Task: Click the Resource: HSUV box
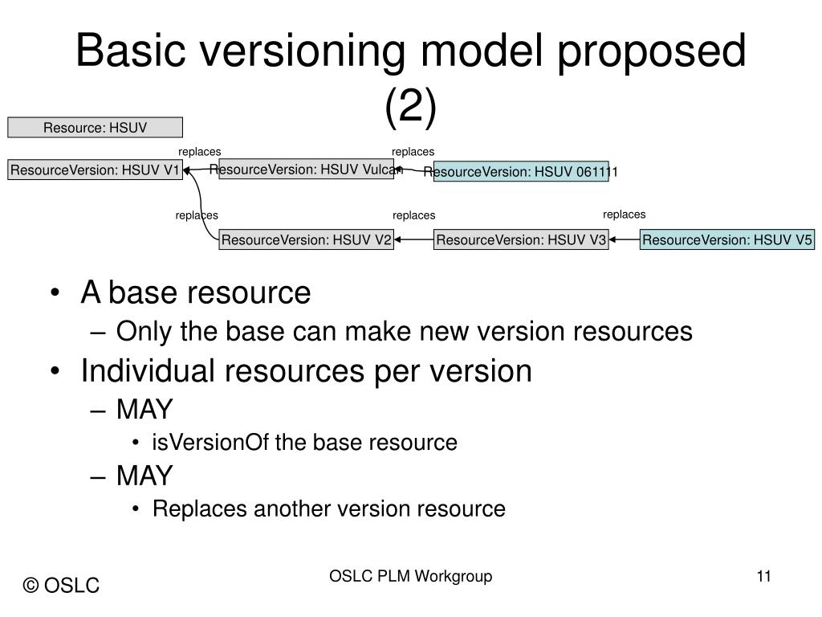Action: point(96,127)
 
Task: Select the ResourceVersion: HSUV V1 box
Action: point(96,170)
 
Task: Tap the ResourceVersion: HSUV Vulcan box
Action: point(306,169)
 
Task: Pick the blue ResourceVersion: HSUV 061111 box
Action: point(521,172)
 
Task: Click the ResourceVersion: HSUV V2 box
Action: point(307,239)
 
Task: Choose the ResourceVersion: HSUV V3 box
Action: point(521,239)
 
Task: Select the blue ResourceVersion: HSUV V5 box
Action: point(727,239)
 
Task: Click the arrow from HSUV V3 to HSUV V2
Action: point(414,239)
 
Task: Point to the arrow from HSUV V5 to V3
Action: point(625,239)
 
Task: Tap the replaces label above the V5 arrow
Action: point(625,214)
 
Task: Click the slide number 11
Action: point(763,576)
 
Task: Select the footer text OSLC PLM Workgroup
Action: point(410,576)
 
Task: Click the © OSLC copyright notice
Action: point(62,586)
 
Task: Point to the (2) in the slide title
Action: point(410,108)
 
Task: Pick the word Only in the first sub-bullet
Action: point(140,331)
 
